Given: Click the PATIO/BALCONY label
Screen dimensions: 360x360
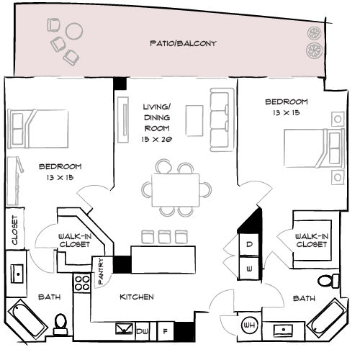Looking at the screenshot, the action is click(x=183, y=43).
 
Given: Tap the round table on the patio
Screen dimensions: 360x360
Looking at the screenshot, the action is click(x=74, y=31).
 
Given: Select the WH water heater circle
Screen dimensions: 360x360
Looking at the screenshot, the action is click(x=249, y=325).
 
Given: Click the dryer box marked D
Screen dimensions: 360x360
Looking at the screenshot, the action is click(x=249, y=244).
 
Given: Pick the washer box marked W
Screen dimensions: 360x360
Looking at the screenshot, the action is click(x=249, y=269).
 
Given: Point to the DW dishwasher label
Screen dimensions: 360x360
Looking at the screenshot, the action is click(x=143, y=331).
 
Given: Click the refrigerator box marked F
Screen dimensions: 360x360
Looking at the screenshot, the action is click(x=166, y=331).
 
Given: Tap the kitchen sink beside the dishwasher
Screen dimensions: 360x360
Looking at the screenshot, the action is click(x=124, y=328).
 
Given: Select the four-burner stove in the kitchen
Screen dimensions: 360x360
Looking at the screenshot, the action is click(x=82, y=283).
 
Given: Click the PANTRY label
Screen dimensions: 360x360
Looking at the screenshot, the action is click(x=101, y=271).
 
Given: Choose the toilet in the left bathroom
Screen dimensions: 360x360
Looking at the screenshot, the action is click(x=60, y=324).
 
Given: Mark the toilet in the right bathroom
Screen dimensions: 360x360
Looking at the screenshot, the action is click(x=328, y=281).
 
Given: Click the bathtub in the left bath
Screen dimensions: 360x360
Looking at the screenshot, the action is click(x=28, y=319).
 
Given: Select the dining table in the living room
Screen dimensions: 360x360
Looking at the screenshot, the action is click(x=176, y=190).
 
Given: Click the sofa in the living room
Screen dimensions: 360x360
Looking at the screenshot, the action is click(x=222, y=120).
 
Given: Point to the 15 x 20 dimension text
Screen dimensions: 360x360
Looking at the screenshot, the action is click(x=156, y=139).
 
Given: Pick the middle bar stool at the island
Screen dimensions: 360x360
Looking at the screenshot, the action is click(x=164, y=237).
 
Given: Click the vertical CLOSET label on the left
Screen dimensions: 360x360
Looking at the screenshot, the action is click(x=15, y=230).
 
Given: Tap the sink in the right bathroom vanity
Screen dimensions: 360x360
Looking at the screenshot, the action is click(x=283, y=330).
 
